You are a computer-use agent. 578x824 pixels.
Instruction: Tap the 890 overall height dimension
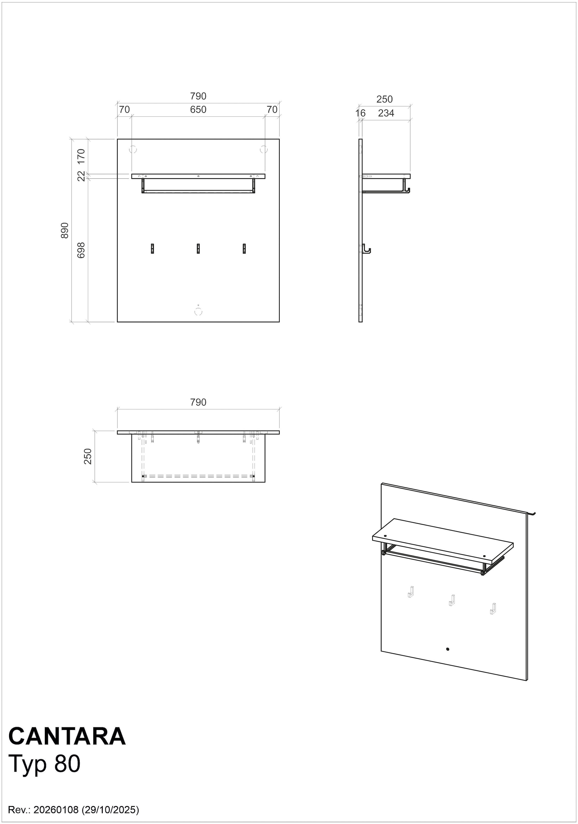tap(65, 230)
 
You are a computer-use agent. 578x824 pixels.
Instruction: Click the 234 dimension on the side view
tap(386, 113)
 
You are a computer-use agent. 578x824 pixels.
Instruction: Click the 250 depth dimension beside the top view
tap(88, 456)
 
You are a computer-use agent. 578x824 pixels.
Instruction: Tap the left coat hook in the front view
tap(152, 249)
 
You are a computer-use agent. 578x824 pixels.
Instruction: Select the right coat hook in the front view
tap(244, 249)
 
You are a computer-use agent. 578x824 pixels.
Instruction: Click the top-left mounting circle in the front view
tap(133, 149)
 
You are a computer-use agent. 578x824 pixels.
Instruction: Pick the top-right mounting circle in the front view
tap(264, 149)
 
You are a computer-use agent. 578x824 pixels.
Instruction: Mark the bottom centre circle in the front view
tap(198, 312)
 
